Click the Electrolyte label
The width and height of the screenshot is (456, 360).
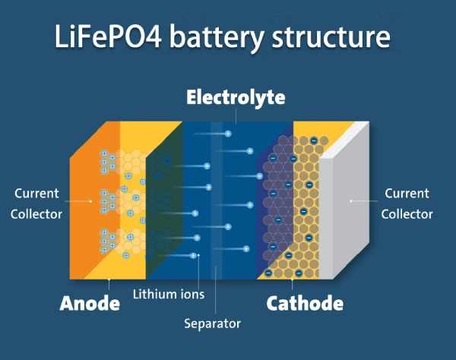[236, 98]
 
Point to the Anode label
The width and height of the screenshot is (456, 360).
[90, 304]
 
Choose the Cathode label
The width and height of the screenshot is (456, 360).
[304, 304]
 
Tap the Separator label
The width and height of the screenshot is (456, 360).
[212, 324]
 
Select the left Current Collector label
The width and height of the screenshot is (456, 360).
[36, 204]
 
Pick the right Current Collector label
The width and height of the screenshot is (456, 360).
[407, 204]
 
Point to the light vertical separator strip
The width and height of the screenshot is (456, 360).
[217, 190]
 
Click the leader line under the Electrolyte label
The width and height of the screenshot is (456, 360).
[236, 115]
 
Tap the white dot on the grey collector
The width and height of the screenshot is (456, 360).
[350, 201]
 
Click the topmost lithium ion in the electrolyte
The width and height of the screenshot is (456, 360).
[227, 134]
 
